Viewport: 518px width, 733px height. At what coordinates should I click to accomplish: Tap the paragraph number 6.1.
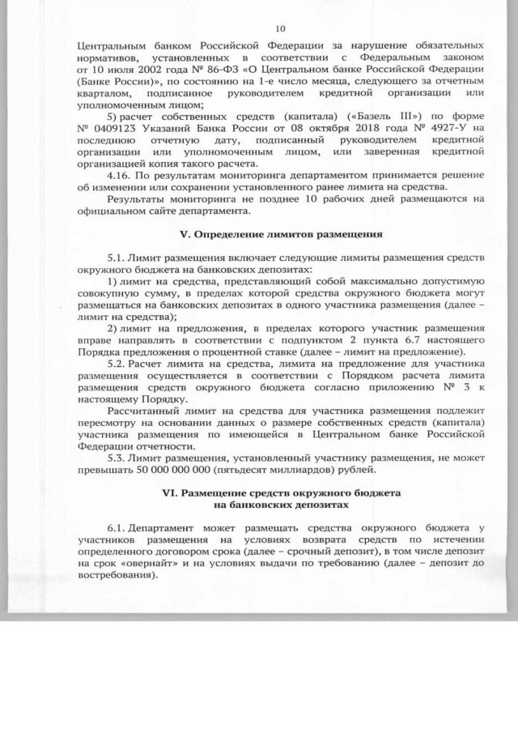117,528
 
